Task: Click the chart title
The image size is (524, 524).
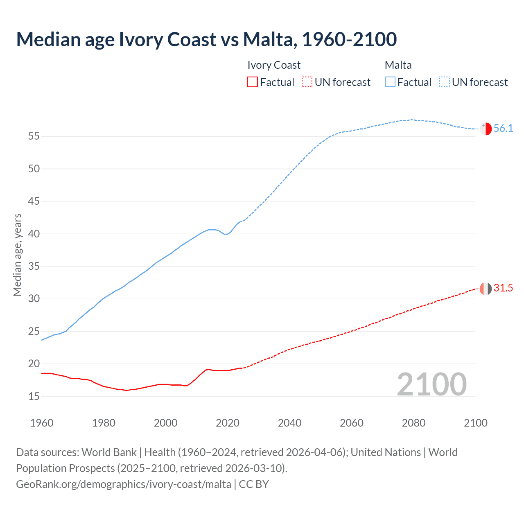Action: pos(206,39)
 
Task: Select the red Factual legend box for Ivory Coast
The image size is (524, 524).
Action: pos(253,82)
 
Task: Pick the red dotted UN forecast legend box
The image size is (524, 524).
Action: pos(307,82)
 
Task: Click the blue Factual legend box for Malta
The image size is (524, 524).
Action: pos(390,82)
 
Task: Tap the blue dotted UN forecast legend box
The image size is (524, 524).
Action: pos(445,82)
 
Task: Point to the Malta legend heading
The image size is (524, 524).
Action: pos(398,65)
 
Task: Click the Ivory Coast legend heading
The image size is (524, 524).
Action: pos(274,65)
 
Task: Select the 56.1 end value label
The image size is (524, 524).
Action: pos(503,129)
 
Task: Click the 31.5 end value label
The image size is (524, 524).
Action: pos(503,288)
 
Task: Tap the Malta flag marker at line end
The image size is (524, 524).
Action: pos(486,129)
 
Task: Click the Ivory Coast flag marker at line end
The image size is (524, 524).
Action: pos(486,289)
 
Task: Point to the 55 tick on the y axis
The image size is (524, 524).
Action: pos(34,136)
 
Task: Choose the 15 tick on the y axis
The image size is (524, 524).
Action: pos(34,396)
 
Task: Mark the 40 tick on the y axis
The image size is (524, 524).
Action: pos(34,234)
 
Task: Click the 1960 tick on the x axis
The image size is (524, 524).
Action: pos(42,423)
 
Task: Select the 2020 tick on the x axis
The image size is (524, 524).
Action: pos(228,423)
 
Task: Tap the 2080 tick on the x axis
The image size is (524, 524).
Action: pos(413,423)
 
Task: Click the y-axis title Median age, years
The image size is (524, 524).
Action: pos(17,255)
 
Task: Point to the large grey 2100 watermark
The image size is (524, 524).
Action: pos(431,384)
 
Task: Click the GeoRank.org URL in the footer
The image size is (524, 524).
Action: pos(124,484)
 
